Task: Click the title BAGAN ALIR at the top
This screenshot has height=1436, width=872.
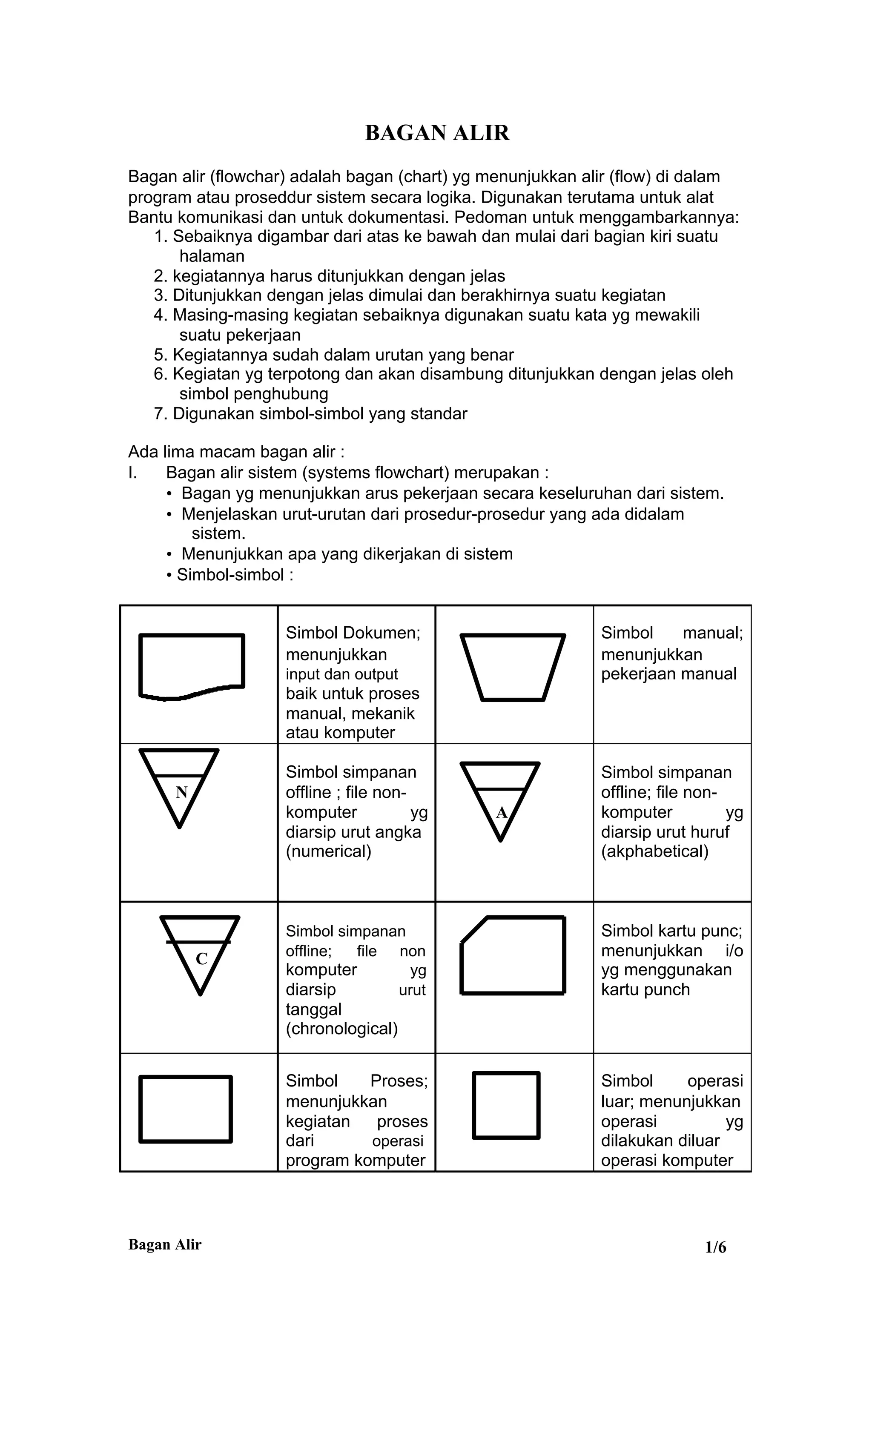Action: pos(437,133)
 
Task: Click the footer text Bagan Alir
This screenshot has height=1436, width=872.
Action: pos(165,1245)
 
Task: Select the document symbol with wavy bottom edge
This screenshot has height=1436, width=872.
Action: pos(191,665)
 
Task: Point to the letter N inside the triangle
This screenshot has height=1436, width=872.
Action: pos(181,792)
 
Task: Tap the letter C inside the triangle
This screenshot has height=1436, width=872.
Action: pos(202,959)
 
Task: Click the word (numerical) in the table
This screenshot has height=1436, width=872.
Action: pos(328,851)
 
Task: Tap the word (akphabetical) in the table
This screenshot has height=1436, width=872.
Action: pos(654,851)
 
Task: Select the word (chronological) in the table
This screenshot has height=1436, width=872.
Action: pos(341,1029)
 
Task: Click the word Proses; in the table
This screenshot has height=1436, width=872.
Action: pos(399,1081)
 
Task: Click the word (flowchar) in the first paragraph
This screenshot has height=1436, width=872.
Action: pos(247,177)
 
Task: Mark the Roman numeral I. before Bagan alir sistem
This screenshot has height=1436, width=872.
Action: pos(133,472)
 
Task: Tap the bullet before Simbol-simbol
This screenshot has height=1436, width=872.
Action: pos(169,575)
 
